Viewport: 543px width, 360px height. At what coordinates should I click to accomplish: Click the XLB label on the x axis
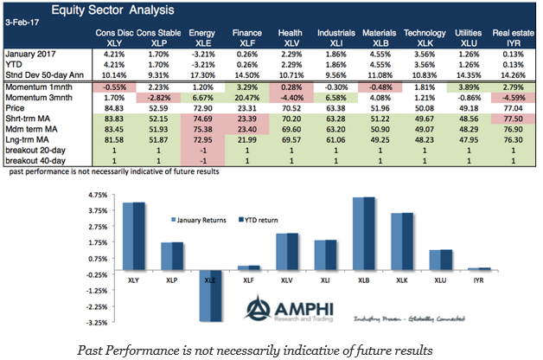coord(373,280)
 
